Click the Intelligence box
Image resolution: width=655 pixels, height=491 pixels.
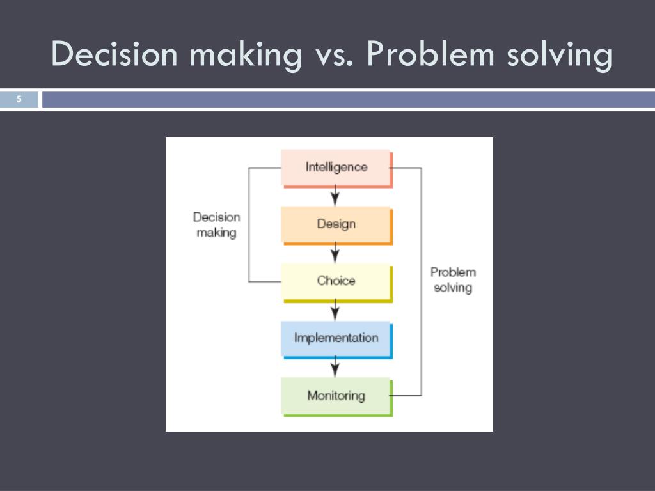coord(336,168)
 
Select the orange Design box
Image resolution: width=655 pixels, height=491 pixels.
coord(336,224)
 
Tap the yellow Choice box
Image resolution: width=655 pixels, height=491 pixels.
coord(336,281)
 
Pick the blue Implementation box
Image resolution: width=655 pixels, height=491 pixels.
coord(336,338)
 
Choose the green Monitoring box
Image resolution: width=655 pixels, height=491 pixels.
coord(336,396)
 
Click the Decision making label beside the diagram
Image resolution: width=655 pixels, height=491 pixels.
coord(216,225)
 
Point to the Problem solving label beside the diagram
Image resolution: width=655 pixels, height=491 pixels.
coord(453,280)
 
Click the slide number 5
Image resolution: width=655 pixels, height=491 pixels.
coord(19,99)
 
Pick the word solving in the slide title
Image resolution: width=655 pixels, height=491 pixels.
coord(558,54)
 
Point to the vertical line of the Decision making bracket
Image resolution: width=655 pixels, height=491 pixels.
coord(248,224)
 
